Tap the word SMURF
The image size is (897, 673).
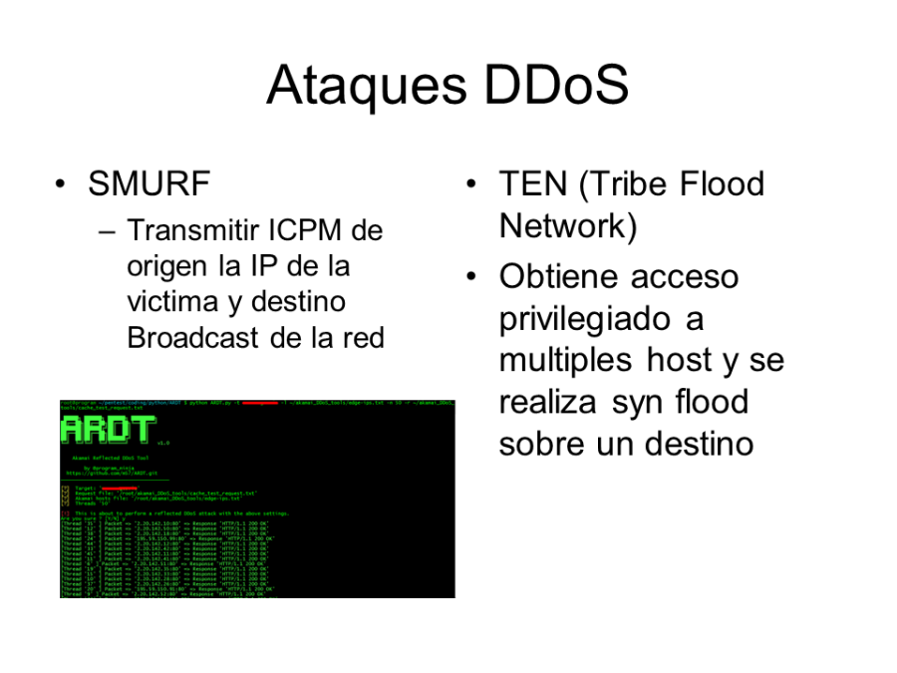(149, 184)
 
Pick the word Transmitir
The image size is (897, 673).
(191, 231)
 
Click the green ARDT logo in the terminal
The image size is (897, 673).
(109, 430)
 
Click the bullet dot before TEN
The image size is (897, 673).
(472, 184)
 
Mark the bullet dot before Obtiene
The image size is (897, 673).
(472, 276)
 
